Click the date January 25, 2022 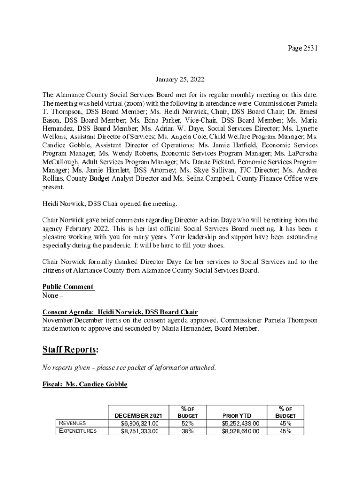180,80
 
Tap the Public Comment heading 69,287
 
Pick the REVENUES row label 72,423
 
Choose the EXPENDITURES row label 76,431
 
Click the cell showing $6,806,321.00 140,423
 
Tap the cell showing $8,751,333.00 140,431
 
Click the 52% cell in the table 188,423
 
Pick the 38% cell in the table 188,431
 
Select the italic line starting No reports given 129,367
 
